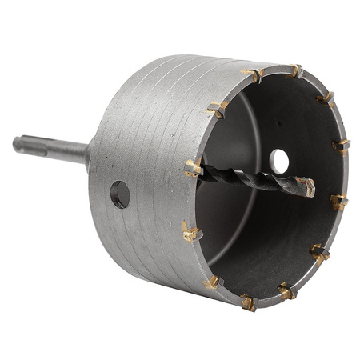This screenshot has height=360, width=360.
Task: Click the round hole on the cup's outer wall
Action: click(120, 194)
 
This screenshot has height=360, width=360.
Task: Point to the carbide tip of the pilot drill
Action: click(306, 188)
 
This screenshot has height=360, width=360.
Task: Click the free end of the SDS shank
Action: click(18, 144)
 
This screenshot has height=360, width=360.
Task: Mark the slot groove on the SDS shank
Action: click(40, 147)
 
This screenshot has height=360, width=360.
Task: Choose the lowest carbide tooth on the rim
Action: click(249, 302)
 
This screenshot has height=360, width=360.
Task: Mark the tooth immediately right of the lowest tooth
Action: click(286, 290)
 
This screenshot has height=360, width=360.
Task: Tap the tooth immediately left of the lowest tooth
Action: click(214, 282)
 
